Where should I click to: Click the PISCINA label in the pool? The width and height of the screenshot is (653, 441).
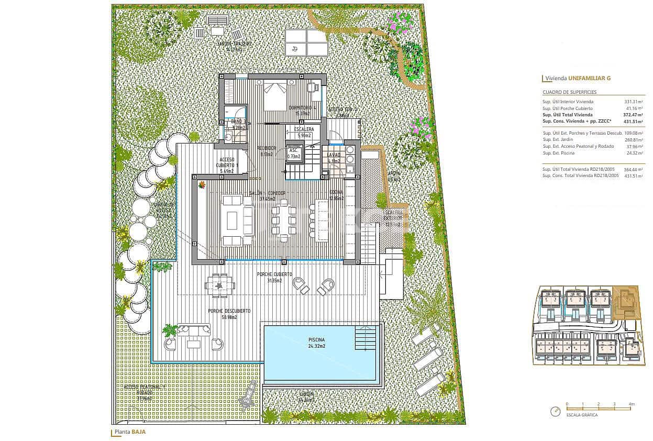316,340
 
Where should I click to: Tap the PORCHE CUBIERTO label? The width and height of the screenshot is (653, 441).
274,274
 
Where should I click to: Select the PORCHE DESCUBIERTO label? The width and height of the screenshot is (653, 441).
229,311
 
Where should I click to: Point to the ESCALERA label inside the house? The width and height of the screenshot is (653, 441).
304,129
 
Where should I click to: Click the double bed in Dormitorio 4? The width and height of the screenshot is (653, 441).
274,95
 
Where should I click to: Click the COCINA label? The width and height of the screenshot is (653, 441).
336,193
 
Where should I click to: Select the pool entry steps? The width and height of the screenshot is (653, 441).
365,337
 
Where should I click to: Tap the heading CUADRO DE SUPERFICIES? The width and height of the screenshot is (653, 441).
569,92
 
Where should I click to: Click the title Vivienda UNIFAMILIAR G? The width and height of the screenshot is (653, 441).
578,79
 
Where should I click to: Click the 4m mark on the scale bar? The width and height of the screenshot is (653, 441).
632,404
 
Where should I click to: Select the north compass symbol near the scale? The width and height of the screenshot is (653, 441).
555,411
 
